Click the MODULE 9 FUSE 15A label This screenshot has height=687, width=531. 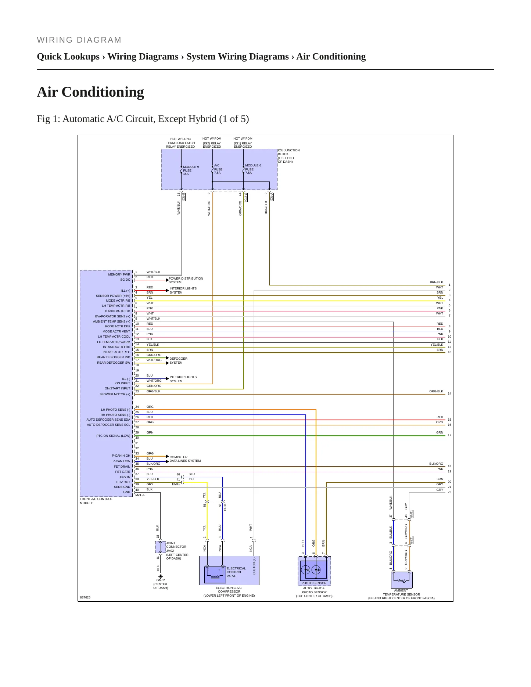pyautogui.click(x=191, y=170)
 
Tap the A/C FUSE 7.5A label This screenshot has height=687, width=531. pyautogui.click(x=218, y=169)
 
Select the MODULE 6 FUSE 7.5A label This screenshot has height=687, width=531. pyautogui.click(x=253, y=169)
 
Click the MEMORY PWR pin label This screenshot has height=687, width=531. pyautogui.click(x=119, y=274)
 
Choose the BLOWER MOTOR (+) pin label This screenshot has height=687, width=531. pyautogui.click(x=115, y=394)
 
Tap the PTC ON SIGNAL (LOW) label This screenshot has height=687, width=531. pyautogui.click(x=113, y=436)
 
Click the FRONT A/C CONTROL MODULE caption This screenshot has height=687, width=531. pyautogui.click(x=96, y=501)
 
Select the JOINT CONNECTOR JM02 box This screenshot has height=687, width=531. pyautogui.click(x=161, y=547)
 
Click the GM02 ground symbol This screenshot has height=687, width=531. pyautogui.click(x=161, y=576)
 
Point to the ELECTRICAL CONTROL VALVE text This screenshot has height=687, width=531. pyautogui.click(x=236, y=572)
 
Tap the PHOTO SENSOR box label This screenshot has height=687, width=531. pyautogui.click(x=314, y=583)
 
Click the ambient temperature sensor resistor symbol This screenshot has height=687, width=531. pyautogui.click(x=402, y=581)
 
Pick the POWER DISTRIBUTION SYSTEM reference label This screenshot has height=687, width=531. pyautogui.click(x=186, y=280)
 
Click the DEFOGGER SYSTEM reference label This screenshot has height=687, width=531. pyautogui.click(x=179, y=360)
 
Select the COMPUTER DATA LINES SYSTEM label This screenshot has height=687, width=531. pyautogui.click(x=185, y=459)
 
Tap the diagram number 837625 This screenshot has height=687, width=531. pyautogui.click(x=85, y=597)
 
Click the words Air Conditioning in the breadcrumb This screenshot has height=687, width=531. pyautogui.click(x=331, y=57)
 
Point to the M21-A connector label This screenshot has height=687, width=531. pyautogui.click(x=140, y=495)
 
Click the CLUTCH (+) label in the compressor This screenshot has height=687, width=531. pyautogui.click(x=254, y=566)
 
